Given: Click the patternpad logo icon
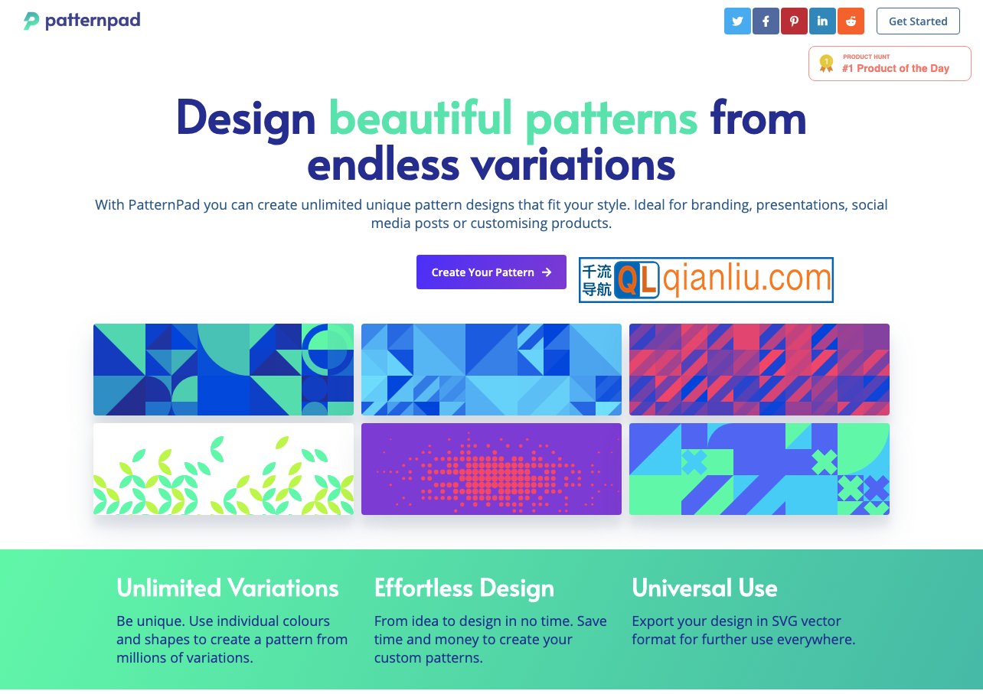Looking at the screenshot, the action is [x=31, y=21].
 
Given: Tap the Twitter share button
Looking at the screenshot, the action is [x=737, y=21].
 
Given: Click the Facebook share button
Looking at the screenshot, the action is [x=766, y=21].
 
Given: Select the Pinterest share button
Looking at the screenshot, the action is [x=794, y=21].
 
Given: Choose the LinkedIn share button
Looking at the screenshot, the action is [x=822, y=21].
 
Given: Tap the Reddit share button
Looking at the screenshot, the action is [x=851, y=21].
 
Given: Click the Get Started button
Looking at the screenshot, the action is [x=918, y=21].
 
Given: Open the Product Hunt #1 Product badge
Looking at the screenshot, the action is [x=890, y=64].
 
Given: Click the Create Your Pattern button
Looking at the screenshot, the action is [x=491, y=272].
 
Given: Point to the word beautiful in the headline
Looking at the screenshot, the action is [x=420, y=117].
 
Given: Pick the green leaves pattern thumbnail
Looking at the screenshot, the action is [x=224, y=469].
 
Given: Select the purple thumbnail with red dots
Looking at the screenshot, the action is [x=491, y=469].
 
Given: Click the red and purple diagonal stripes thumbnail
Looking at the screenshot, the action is [x=759, y=370].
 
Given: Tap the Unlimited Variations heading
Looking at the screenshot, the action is [x=227, y=588].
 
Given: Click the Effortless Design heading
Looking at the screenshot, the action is [x=464, y=588].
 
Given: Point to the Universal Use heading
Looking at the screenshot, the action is [x=704, y=588].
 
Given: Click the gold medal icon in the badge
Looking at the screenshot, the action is [x=826, y=64].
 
